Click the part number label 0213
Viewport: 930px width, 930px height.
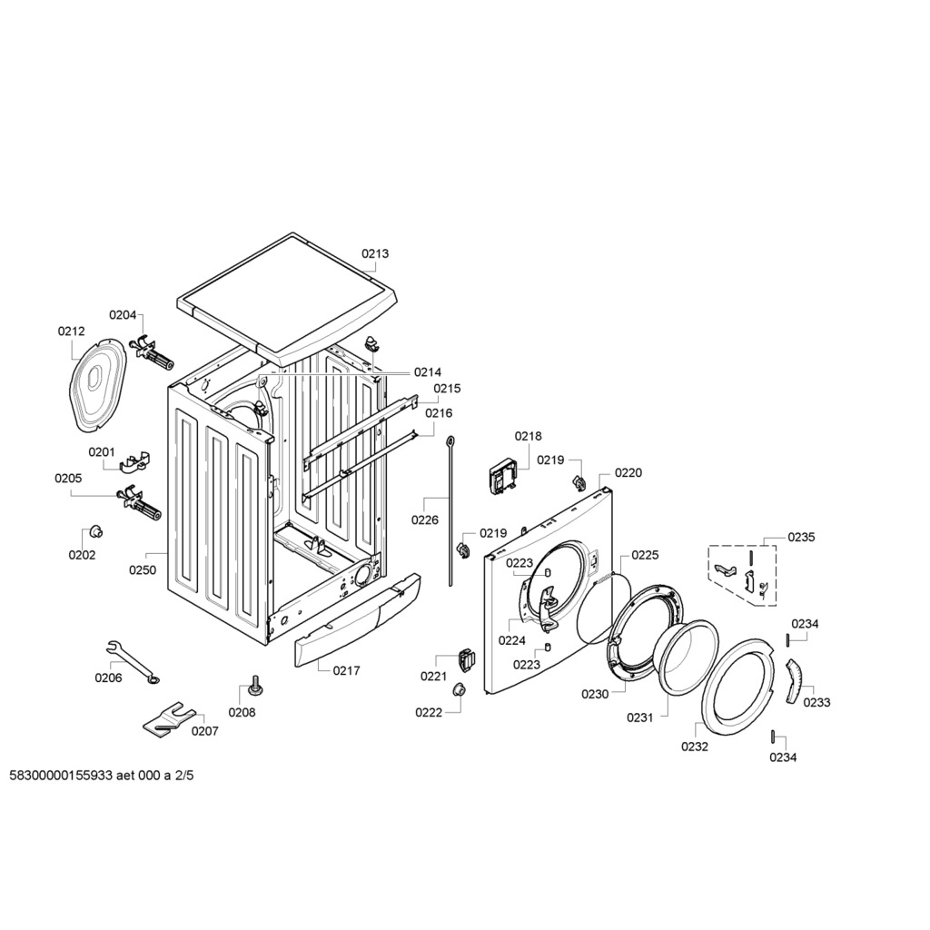pos(375,254)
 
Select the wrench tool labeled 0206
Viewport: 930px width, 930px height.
pos(132,661)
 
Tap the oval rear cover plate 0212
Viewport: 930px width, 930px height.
pos(98,385)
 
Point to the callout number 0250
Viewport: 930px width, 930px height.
pos(143,570)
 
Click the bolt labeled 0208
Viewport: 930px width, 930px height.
pos(256,685)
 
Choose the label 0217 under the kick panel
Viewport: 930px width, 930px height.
pos(346,671)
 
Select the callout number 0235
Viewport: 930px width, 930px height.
pos(801,537)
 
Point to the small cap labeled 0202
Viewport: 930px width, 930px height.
pos(94,532)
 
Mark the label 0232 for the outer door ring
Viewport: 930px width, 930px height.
pos(695,747)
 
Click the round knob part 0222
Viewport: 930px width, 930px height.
pos(459,690)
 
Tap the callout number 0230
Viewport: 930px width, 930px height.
pos(595,694)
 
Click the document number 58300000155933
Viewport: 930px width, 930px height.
pos(61,776)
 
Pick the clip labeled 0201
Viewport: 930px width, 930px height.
pos(135,462)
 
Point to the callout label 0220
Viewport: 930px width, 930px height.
pos(628,472)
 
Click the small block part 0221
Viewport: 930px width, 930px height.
pos(467,659)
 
